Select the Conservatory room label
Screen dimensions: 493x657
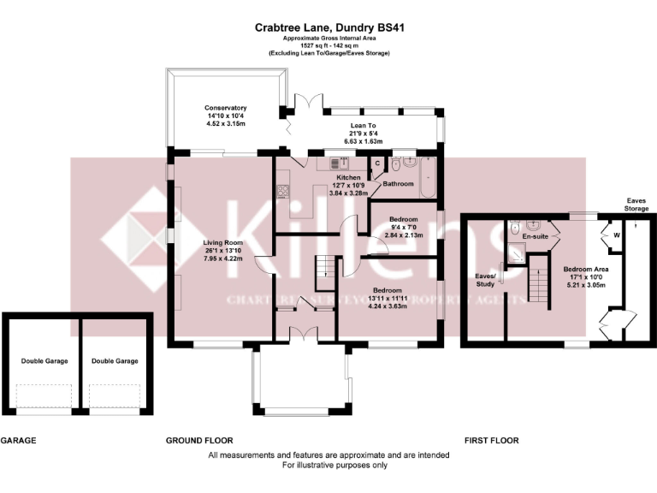(225, 108)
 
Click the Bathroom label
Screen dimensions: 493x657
(398, 184)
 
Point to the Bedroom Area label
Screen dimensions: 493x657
(584, 270)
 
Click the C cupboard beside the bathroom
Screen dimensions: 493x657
(377, 163)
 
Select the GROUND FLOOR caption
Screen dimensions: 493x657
(199, 441)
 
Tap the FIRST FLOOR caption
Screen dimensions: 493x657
(491, 441)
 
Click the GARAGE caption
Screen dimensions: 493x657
(18, 441)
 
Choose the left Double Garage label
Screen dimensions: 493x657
(44, 361)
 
